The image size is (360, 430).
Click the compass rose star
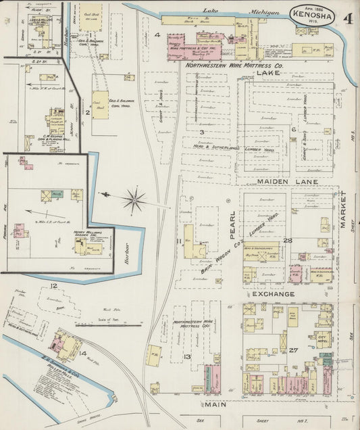pyautogui.click(x=134, y=199)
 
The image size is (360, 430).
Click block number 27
pyautogui.click(x=293, y=351)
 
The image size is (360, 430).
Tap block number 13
pyautogui.click(x=186, y=356)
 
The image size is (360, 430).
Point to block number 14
pyautogui.click(x=83, y=352)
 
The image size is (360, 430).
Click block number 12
pyautogui.click(x=53, y=286)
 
